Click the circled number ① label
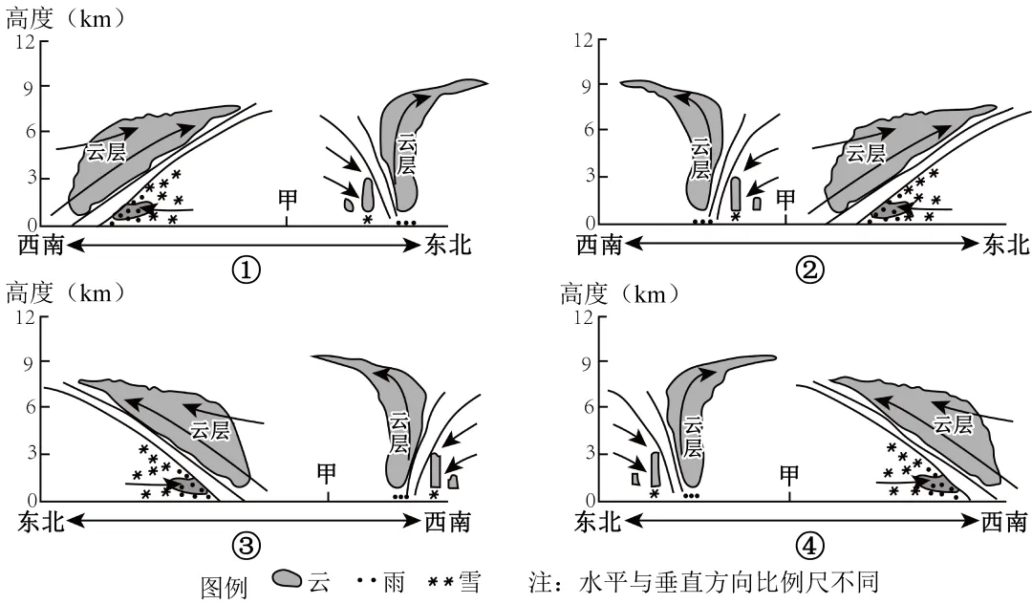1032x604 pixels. click(246, 271)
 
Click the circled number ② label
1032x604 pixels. click(808, 271)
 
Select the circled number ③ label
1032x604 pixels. click(246, 546)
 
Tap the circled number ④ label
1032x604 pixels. click(808, 546)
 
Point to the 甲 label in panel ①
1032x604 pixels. click(288, 199)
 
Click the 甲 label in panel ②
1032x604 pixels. click(785, 199)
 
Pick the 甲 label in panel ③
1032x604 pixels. click(328, 473)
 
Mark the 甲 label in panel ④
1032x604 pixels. click(789, 473)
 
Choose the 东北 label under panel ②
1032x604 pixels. click(1005, 246)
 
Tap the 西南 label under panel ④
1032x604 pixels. click(1002, 521)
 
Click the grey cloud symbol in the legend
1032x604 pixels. click(288, 580)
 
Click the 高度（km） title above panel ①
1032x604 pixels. click(65, 17)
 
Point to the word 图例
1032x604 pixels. click(223, 586)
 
